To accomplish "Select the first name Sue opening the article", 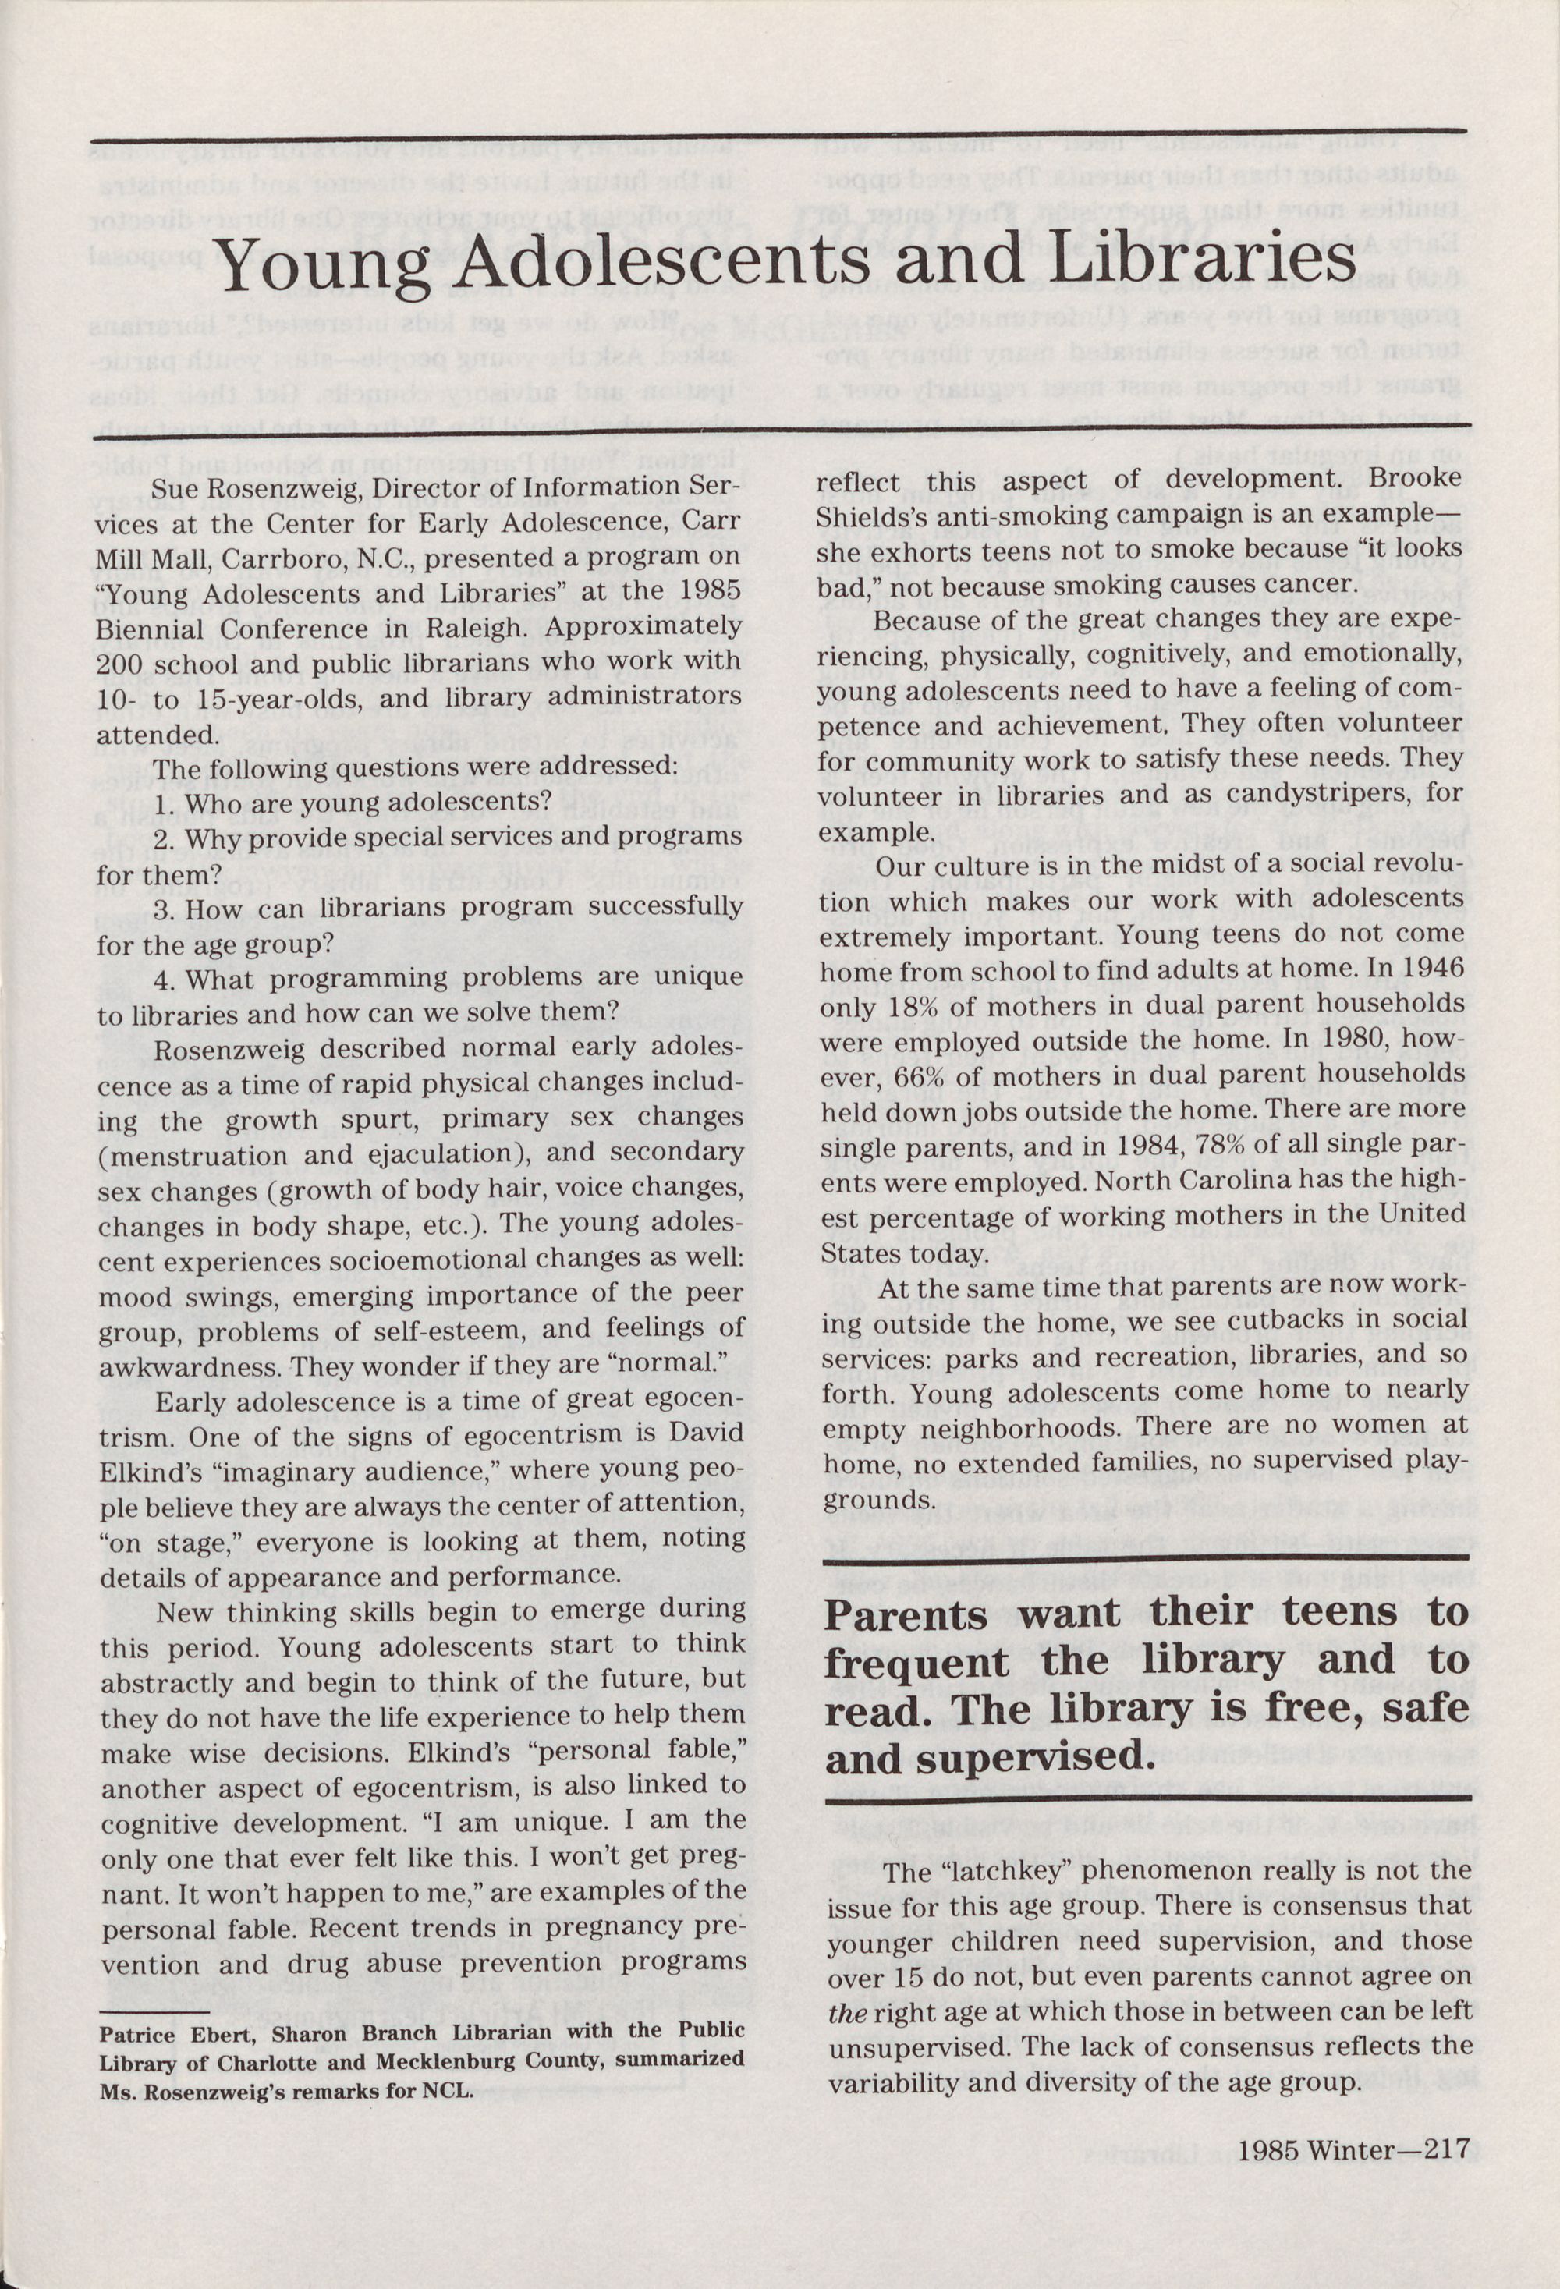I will (173, 487).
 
